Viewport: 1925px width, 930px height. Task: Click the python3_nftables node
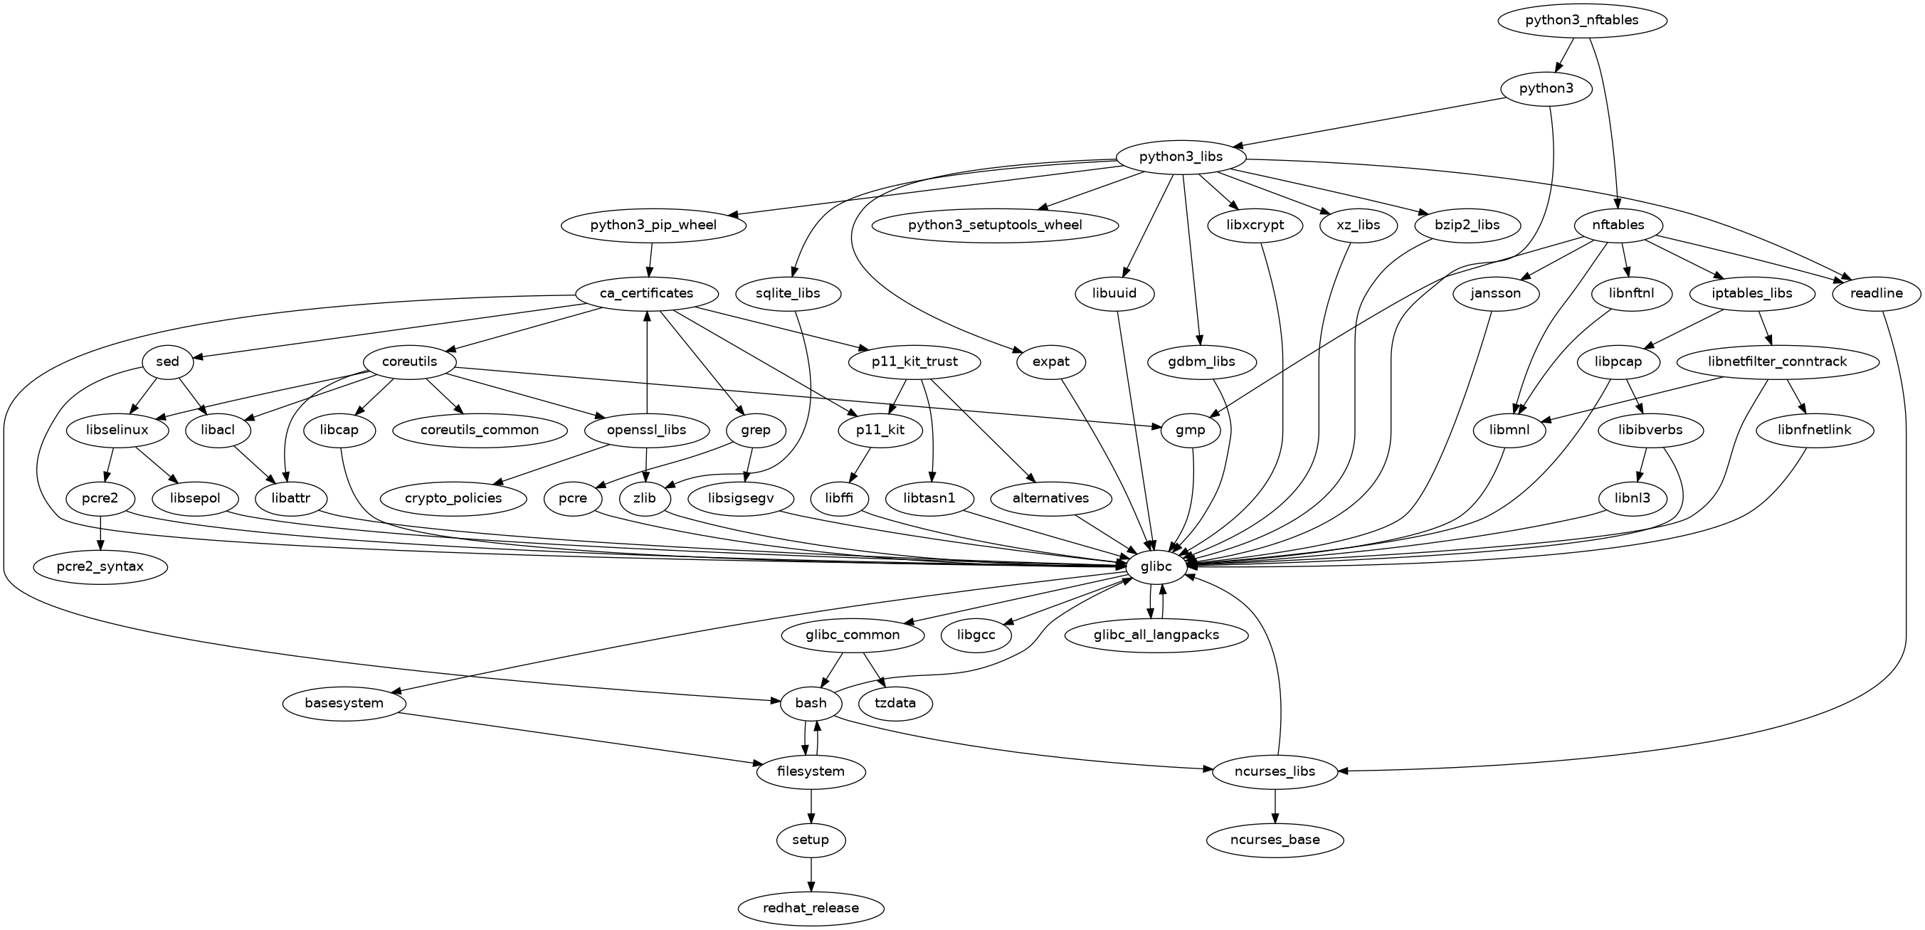[1582, 20]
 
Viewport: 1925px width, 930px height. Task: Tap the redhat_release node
[811, 909]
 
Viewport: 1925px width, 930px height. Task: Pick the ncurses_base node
[1275, 840]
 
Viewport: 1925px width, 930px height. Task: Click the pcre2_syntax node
[100, 567]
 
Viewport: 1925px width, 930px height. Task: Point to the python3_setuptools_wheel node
[995, 225]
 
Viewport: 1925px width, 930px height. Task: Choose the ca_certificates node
[646, 294]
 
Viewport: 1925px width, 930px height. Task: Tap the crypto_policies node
[453, 498]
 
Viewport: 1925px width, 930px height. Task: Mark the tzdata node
[897, 704]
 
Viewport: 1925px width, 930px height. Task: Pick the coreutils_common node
[480, 430]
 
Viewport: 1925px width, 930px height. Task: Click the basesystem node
[344, 704]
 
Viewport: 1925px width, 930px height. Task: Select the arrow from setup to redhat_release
[811, 874]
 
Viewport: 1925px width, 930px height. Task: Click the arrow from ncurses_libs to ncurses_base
[1275, 806]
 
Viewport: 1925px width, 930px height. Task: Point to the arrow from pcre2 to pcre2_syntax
[100, 533]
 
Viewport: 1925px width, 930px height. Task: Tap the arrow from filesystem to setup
[811, 806]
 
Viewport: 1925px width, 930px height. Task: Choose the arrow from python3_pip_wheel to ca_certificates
[650, 259]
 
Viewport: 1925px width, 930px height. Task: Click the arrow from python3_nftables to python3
[1563, 55]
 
